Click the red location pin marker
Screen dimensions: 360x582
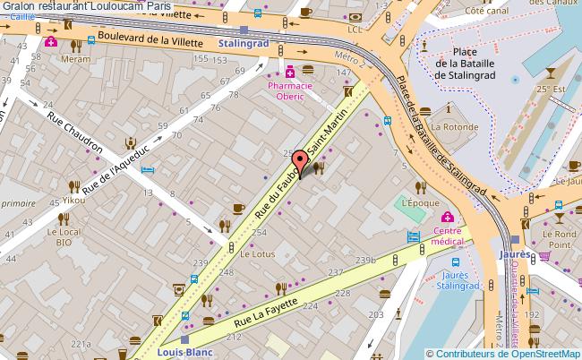(x=300, y=162)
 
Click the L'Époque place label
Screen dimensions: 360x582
(x=421, y=203)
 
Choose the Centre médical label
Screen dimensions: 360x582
(x=447, y=236)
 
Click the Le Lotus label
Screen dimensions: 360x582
(x=257, y=253)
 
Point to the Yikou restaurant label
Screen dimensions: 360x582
(x=73, y=200)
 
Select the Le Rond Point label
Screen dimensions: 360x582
(x=559, y=239)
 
